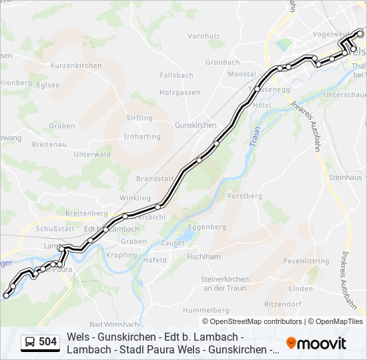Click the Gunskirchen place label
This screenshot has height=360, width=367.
[195, 125]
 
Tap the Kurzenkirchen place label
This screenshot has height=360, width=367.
[76, 65]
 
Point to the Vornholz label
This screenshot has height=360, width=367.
[204, 36]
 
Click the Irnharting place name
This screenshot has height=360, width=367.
[141, 137]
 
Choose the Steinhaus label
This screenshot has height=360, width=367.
[345, 177]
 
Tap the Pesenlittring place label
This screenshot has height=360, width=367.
[306, 261]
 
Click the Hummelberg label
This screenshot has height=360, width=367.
[206, 310]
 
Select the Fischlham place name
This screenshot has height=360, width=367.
[204, 256]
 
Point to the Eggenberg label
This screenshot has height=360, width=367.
[207, 227]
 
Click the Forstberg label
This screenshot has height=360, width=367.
[245, 196]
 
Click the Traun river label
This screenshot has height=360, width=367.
[254, 137]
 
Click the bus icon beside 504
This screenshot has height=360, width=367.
[30, 343]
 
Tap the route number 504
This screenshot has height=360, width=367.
[48, 343]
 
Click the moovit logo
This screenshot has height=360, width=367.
[316, 343]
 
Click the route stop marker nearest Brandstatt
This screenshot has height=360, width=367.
[159, 206]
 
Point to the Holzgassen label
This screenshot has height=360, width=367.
[179, 93]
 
